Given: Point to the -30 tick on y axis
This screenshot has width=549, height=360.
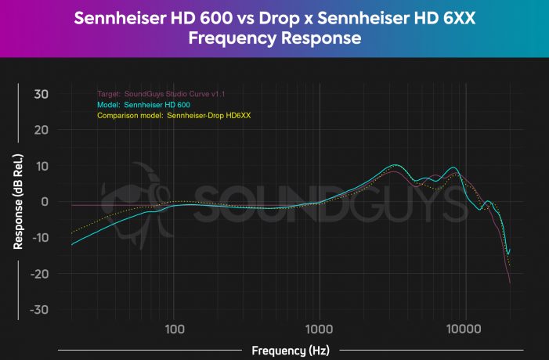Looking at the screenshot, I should point(38,310).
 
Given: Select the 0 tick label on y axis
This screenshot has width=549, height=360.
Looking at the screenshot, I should point(45,202).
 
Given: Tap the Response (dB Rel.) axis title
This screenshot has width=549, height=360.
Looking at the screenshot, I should point(17,202).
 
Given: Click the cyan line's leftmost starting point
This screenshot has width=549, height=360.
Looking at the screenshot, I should point(71,245).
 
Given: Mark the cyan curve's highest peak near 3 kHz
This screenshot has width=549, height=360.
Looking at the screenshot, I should point(396,165).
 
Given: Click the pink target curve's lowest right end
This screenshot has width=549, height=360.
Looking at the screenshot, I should point(511,283).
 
